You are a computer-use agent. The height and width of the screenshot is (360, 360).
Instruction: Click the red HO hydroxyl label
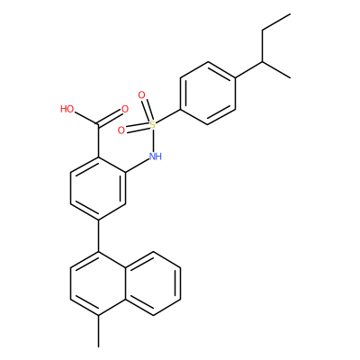coord(67,109)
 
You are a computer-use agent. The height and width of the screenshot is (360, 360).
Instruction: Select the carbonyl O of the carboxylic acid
coord(125,109)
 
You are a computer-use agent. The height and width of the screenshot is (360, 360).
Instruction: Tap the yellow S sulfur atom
coord(153,124)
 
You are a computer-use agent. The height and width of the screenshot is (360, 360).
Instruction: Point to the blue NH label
coord(156,157)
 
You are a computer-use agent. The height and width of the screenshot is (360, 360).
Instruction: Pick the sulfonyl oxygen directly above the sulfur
coord(141,95)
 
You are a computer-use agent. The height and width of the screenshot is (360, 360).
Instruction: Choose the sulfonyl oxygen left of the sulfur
coord(121,130)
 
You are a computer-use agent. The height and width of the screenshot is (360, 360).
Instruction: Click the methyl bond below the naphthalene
coord(99,331)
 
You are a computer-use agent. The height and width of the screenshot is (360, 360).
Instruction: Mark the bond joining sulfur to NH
coord(153,140)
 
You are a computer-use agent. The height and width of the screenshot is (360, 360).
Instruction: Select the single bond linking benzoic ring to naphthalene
coord(99,236)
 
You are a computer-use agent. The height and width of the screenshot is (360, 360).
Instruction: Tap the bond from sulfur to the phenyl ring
coord(168,116)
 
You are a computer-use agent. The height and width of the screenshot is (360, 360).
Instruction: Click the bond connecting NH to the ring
coord(138,165)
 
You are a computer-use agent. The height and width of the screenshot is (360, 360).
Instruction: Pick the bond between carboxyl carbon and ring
coord(99,140)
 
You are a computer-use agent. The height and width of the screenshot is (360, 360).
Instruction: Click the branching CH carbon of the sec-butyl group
coord(263,62)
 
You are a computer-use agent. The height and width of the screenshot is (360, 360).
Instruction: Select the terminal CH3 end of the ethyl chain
coord(290,13)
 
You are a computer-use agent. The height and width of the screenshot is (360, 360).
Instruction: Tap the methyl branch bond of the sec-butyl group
coord(276,70)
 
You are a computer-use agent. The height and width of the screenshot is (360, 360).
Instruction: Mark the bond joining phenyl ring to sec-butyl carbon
coord(248,70)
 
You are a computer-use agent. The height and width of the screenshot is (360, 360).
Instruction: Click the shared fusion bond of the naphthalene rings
coord(126,283)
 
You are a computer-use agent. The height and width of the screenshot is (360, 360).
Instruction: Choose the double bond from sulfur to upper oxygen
coord(148,110)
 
